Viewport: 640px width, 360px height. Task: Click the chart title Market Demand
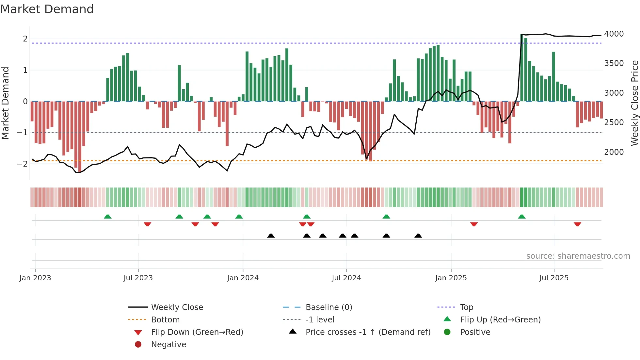pos(47,9)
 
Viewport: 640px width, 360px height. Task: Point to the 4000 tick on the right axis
pos(614,34)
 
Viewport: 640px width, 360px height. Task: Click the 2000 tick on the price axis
pos(614,152)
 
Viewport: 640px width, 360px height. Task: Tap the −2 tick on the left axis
pos(23,164)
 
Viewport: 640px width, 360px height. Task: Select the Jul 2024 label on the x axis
pos(346,278)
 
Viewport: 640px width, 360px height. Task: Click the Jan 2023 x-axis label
pos(35,278)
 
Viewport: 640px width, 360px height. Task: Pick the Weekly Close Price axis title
pos(634,103)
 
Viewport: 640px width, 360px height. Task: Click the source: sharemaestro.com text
pos(578,256)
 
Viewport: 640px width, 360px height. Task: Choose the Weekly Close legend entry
pos(177,307)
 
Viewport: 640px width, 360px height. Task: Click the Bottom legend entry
pos(165,320)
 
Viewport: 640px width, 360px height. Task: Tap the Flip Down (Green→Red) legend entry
pos(197,332)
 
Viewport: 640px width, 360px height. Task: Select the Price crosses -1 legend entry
pos(368,332)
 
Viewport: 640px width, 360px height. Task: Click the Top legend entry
pos(466,307)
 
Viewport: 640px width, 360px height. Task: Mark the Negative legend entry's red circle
pos(138,345)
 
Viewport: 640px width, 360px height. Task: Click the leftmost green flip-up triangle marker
pos(107,217)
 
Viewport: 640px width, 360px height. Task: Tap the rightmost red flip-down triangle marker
pos(577,224)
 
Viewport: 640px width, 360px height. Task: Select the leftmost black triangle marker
pos(271,236)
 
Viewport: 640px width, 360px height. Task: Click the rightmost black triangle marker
pos(418,236)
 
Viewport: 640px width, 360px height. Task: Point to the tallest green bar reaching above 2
pos(522,68)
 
